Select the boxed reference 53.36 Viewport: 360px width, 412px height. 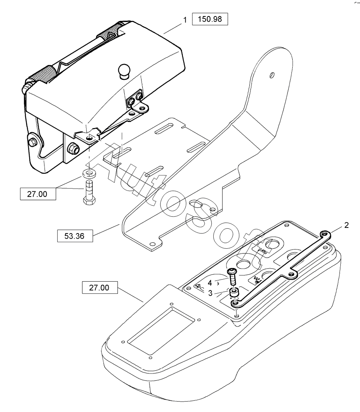click(75, 235)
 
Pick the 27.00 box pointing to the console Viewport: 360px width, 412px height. click(100, 288)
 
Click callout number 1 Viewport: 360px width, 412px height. click(185, 19)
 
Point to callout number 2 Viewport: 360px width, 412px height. click(346, 225)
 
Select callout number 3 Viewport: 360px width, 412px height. click(210, 293)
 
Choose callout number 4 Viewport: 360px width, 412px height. click(210, 283)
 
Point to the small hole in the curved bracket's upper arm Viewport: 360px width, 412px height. click(272, 75)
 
